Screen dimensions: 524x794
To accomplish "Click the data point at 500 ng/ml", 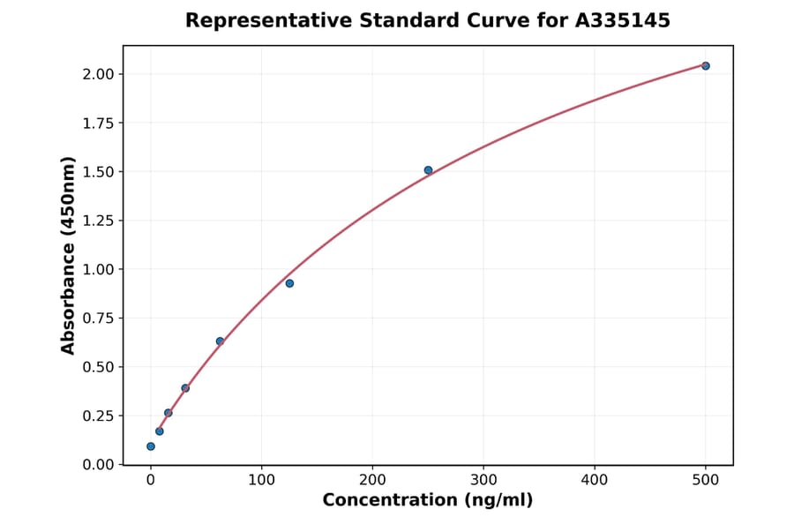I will coord(705,66).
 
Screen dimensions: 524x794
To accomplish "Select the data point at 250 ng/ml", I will coord(428,170).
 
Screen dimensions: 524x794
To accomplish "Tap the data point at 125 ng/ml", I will coord(289,283).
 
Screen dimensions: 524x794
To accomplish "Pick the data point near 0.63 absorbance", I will coord(220,341).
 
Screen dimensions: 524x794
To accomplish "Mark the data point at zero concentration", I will coord(151,446).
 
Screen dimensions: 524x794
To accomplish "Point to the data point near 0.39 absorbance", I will coord(185,388).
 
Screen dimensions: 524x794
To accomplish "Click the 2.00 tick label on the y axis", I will coord(98,74).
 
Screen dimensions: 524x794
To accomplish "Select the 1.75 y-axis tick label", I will coord(98,124).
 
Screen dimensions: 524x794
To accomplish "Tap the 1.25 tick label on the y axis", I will coord(98,221).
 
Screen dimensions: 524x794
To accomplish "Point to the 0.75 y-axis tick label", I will coord(98,318).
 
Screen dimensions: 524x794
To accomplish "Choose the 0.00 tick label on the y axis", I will coord(98,465).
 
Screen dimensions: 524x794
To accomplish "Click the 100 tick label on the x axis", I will coord(261,481).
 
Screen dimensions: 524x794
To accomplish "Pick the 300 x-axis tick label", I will coord(483,481).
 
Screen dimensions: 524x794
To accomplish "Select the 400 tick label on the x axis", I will coord(595,481).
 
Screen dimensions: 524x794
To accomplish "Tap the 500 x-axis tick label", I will coord(705,481).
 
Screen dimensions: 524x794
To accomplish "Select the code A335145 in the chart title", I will coord(623,20).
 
